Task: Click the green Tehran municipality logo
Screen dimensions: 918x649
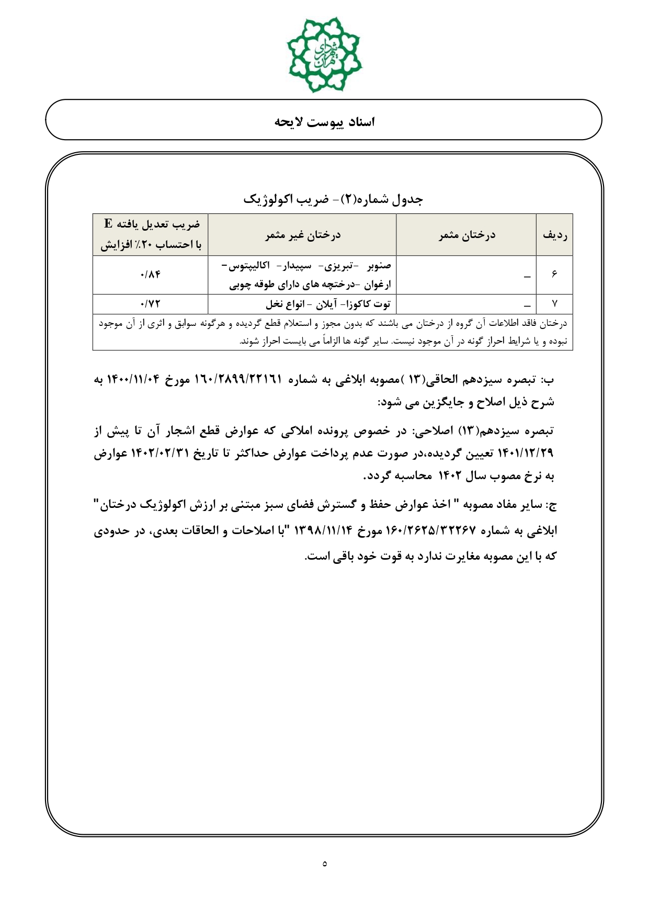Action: click(x=324, y=54)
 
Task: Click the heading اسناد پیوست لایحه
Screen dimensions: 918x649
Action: click(x=324, y=122)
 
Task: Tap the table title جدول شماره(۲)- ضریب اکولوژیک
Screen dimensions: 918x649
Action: click(x=333, y=199)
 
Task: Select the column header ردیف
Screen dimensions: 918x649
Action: click(x=555, y=235)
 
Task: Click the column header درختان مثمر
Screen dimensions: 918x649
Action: click(x=466, y=235)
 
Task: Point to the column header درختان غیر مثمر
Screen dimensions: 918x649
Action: click(x=302, y=235)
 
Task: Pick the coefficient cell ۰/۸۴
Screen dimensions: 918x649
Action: click(x=150, y=275)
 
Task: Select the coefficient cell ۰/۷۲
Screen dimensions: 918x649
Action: click(x=150, y=304)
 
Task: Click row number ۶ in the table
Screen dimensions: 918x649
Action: click(x=554, y=275)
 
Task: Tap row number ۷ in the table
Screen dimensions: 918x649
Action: click(x=554, y=304)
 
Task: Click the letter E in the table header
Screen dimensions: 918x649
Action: click(x=108, y=224)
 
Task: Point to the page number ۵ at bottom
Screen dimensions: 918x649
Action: click(x=325, y=864)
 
